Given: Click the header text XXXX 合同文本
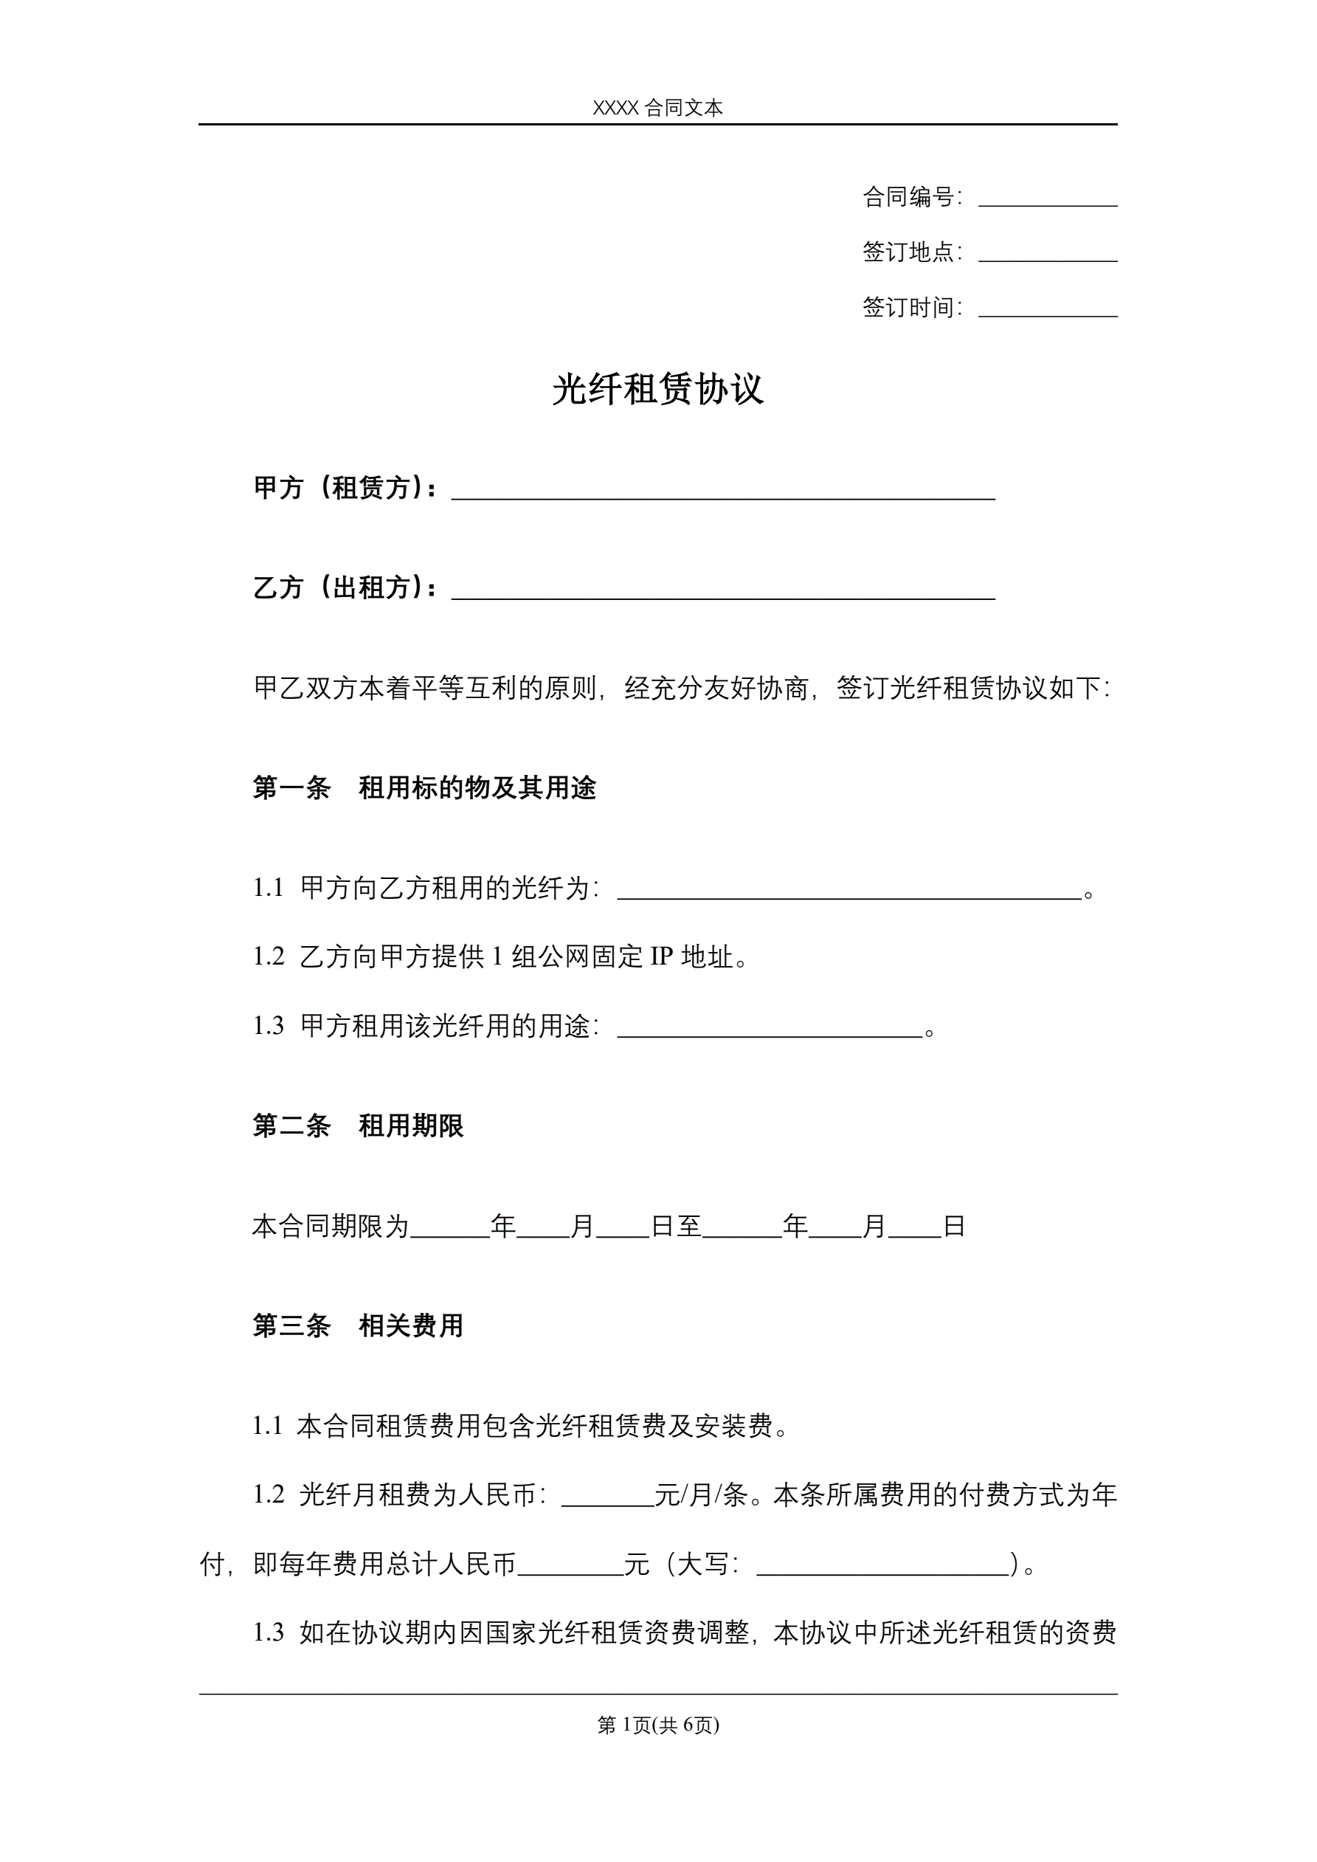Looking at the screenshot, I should pyautogui.click(x=657, y=108).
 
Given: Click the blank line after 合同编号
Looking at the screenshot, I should pyautogui.click(x=1047, y=199).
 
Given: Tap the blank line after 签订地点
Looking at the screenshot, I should pyautogui.click(x=1047, y=254).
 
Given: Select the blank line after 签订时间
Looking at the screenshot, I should pyautogui.click(x=1047, y=309).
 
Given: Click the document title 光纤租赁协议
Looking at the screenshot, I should pyautogui.click(x=657, y=389).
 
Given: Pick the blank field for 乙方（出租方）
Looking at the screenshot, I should pyautogui.click(x=722, y=590).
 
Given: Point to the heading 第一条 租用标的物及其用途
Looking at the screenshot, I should pyautogui.click(x=424, y=787).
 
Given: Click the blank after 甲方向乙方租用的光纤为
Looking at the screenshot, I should pyautogui.click(x=849, y=891).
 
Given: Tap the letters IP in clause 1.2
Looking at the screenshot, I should pyautogui.click(x=662, y=957).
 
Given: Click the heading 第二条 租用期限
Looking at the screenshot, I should pyautogui.click(x=358, y=1125).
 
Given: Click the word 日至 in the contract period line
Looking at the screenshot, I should pyautogui.click(x=677, y=1226).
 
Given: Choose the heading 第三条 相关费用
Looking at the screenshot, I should pyautogui.click(x=358, y=1326).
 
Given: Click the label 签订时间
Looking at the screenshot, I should pyautogui.click(x=908, y=307).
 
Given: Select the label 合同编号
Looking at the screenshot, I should pyautogui.click(x=908, y=197).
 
